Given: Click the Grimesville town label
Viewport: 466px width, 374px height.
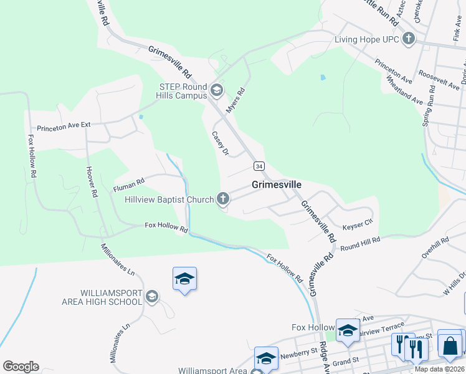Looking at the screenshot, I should click(x=277, y=185).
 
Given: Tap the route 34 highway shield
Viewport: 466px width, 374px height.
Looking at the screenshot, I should click(x=259, y=166).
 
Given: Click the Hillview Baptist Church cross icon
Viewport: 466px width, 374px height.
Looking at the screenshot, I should click(x=222, y=199).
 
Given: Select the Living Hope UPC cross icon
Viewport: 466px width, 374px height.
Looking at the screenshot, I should click(x=408, y=40).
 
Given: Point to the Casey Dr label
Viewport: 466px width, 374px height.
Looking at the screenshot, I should click(x=221, y=143).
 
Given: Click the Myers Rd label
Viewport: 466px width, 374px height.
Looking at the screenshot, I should click(x=236, y=100).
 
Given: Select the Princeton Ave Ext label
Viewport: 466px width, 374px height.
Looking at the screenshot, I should click(x=64, y=125).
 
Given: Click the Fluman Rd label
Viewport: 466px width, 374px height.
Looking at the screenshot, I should click(x=128, y=183).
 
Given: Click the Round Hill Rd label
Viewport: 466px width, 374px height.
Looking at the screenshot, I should click(x=360, y=243).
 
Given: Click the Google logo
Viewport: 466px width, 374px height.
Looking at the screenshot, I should click(x=21, y=367).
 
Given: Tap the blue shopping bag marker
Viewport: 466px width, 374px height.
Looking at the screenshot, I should click(x=449, y=345).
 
